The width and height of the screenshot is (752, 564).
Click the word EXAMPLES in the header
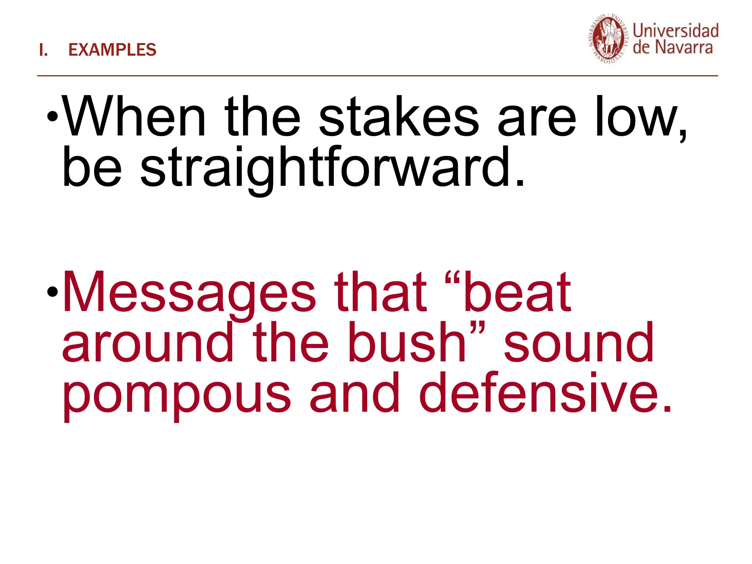(x=112, y=50)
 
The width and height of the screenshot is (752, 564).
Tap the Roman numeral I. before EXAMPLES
(x=43, y=50)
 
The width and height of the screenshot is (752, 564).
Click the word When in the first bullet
(x=134, y=117)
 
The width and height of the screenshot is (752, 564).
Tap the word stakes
(x=399, y=117)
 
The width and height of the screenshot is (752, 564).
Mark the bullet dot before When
(x=53, y=117)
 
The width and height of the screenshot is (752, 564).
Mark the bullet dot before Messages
(x=53, y=292)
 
